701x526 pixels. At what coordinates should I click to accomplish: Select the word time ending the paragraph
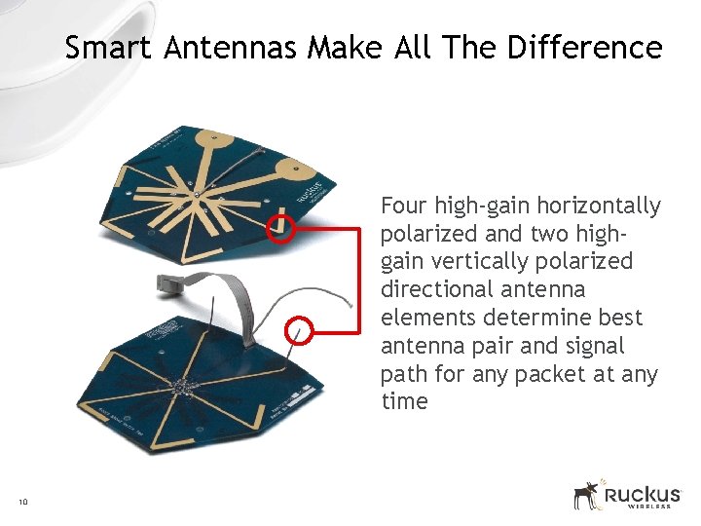click(404, 402)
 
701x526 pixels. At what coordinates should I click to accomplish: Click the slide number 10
click(22, 502)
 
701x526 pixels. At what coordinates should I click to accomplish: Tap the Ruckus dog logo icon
click(587, 495)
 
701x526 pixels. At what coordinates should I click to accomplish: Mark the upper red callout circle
click(281, 229)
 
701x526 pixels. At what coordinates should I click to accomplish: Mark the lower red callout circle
click(300, 330)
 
